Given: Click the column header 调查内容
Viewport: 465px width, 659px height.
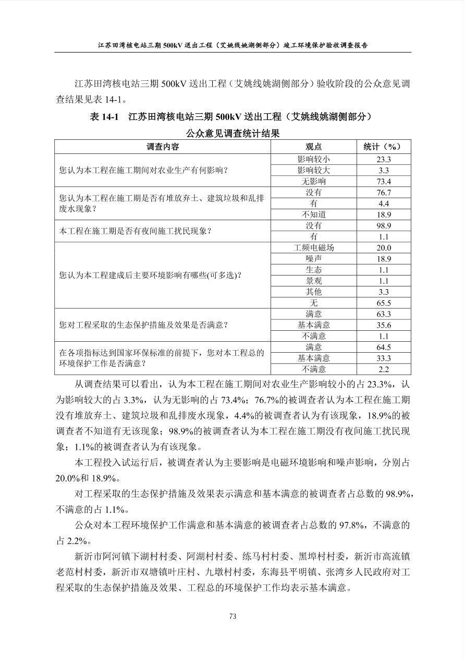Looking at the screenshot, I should click(163, 147).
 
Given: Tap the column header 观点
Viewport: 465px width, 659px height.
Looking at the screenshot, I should click(313, 147).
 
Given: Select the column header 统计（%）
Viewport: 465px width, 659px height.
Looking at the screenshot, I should click(384, 147).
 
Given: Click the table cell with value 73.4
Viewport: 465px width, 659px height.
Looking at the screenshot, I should click(384, 182).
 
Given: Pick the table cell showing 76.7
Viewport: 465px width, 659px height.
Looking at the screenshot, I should click(384, 193).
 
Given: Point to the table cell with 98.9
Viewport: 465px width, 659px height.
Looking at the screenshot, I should click(384, 226).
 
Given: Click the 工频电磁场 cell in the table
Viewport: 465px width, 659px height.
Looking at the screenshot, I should click(313, 248).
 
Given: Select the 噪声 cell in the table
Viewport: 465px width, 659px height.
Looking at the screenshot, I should click(313, 259).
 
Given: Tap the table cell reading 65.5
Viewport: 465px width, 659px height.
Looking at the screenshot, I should click(384, 303).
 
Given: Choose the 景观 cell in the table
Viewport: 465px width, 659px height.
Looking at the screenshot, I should click(313, 281).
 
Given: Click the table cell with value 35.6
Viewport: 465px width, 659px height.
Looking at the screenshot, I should click(384, 325).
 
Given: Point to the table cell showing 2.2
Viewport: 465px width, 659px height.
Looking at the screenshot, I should click(384, 369).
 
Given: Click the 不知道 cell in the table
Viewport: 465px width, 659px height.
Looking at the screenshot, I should click(313, 214).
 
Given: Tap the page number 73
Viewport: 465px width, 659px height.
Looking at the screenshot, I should click(232, 616).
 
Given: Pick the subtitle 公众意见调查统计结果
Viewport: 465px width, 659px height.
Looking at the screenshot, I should click(232, 134).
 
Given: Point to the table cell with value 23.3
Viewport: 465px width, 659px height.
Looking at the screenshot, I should click(384, 160).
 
